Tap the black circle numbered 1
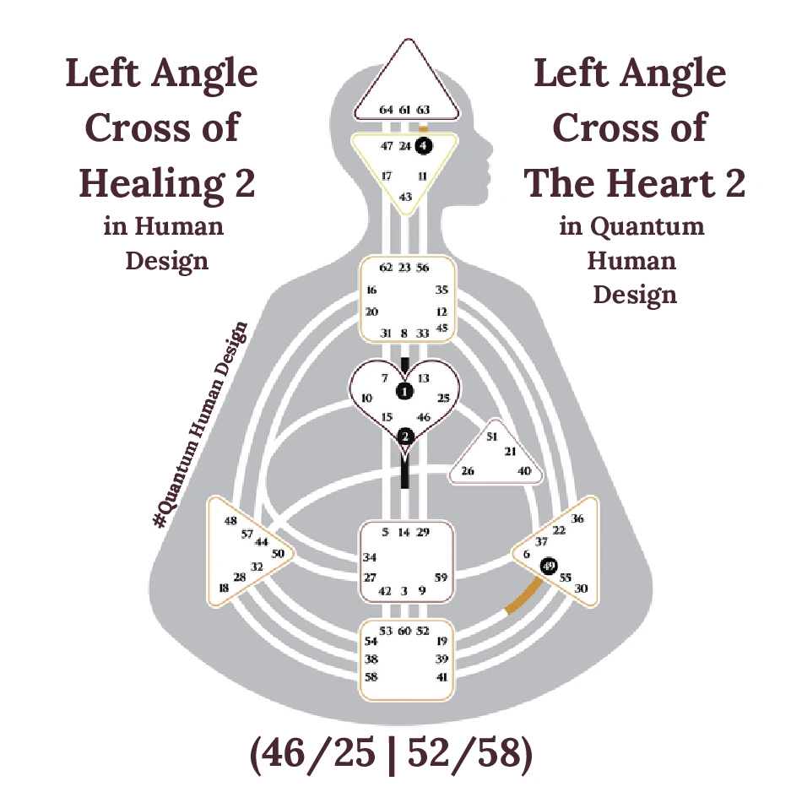[x=405, y=391]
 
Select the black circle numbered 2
[x=405, y=437]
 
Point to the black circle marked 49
[x=549, y=566]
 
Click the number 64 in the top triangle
[x=387, y=110]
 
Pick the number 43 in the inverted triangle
[x=405, y=197]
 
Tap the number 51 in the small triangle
[x=493, y=437]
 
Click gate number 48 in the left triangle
[x=230, y=520]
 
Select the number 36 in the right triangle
[x=577, y=518]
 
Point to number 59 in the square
[x=440, y=578]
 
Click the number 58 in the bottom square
[x=371, y=677]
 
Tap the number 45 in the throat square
[x=442, y=328]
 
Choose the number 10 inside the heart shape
[x=366, y=398]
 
